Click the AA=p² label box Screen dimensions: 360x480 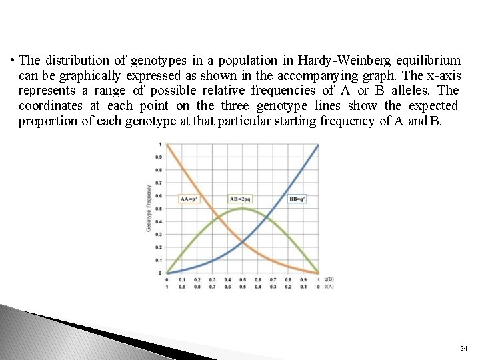(x=190, y=199)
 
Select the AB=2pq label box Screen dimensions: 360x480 (x=241, y=199)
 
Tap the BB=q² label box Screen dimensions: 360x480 (x=297, y=199)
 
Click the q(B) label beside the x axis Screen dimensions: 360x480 (x=329, y=279)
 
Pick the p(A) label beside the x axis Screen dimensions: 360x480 (x=329, y=286)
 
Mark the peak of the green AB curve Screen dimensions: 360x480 (x=243, y=209)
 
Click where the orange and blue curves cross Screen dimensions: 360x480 (x=243, y=241)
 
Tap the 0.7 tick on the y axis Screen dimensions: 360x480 (x=159, y=183)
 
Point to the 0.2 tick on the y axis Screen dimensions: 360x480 (x=159, y=247)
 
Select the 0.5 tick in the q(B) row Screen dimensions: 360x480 (x=243, y=279)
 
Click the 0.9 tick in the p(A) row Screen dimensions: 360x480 (x=182, y=286)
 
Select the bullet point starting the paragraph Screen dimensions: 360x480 (x=13, y=60)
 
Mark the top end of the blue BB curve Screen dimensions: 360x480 (x=318, y=145)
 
